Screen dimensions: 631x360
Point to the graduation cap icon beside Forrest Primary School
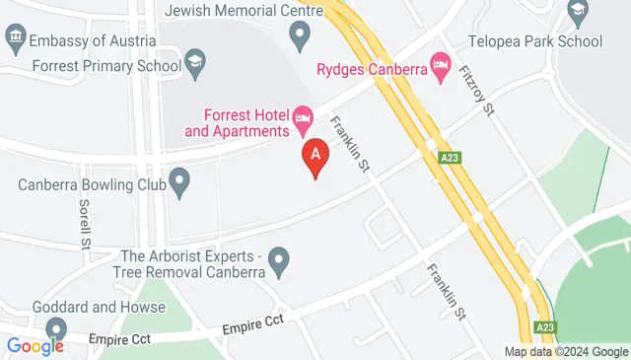tap(195, 65)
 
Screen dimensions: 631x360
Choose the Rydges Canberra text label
tap(371, 69)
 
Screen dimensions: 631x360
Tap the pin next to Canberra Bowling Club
tap(179, 181)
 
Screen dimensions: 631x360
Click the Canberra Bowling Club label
tap(90, 184)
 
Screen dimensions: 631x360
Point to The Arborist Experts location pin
tap(280, 262)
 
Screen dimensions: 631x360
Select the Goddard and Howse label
tap(99, 307)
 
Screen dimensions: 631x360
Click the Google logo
tap(35, 345)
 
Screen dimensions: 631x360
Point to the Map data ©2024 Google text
tap(566, 352)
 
